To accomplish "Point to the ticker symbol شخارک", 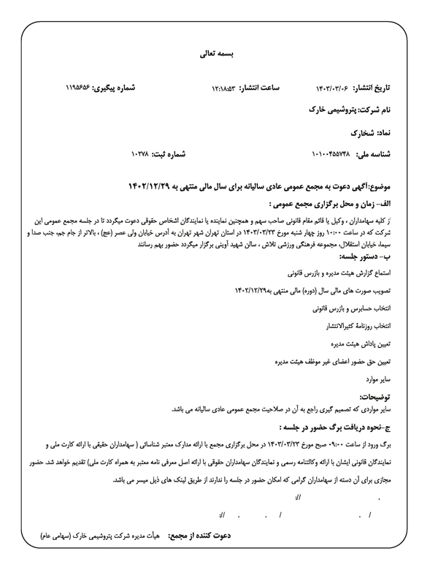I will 362,133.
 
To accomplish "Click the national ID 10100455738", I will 331,155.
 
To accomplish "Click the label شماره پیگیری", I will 118,88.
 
